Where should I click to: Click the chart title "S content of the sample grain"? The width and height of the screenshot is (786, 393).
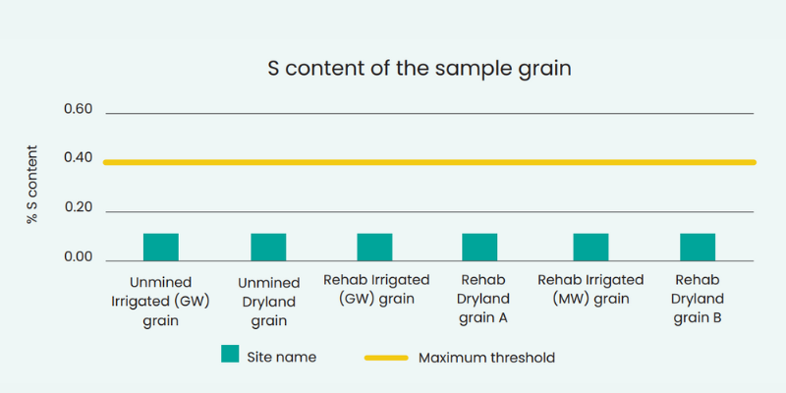[x=420, y=69]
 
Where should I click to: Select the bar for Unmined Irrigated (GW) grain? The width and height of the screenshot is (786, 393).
[x=161, y=248]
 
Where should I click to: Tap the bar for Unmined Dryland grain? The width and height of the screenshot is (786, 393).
[x=268, y=248]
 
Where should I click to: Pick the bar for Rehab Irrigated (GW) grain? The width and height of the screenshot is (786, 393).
[x=375, y=248]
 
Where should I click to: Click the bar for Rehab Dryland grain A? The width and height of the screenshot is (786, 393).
[x=479, y=248]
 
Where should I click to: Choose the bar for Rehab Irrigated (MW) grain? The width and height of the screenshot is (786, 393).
[x=591, y=248]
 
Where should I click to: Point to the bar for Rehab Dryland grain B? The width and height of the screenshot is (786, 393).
[x=698, y=248]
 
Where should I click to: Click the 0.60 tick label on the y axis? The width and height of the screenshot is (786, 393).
[x=79, y=109]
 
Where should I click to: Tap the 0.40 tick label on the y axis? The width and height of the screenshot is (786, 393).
[x=79, y=158]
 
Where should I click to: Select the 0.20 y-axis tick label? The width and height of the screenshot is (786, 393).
[x=79, y=207]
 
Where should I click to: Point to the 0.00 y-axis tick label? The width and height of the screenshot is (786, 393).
[x=79, y=257]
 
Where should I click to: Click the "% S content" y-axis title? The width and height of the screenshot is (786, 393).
[x=32, y=185]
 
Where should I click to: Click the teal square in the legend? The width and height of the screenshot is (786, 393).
[x=230, y=354]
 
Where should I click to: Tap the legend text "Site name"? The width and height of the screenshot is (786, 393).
[x=282, y=357]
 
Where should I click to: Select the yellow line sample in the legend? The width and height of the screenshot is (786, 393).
[x=386, y=358]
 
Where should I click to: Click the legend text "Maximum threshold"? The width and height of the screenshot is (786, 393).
[x=486, y=358]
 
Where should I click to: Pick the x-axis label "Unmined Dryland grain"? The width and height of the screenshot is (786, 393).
[x=268, y=303]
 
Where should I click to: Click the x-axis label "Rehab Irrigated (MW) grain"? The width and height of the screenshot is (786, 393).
[x=591, y=289]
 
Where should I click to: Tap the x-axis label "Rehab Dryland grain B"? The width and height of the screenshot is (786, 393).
[x=698, y=299]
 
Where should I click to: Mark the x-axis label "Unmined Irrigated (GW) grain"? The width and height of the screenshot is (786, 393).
[x=160, y=302]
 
